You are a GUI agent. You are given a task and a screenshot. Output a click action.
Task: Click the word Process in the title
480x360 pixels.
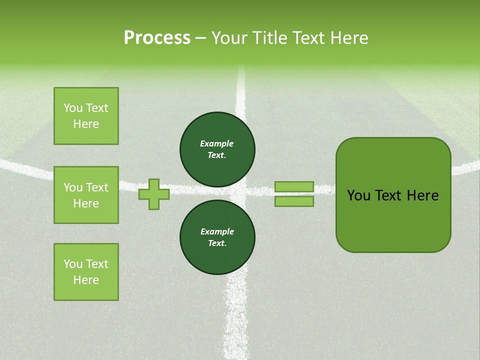pyautogui.click(x=157, y=38)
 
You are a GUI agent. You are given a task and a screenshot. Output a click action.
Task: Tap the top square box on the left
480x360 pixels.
pyautogui.click(x=86, y=116)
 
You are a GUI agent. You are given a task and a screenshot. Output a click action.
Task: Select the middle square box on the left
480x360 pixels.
pyautogui.click(x=86, y=195)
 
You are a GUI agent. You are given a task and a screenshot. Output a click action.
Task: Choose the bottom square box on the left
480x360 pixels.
pyautogui.click(x=86, y=271)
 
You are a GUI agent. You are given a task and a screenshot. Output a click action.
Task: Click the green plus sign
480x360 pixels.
pyautogui.click(x=154, y=194)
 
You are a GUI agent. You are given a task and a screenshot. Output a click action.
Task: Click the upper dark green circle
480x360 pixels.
pyautogui.click(x=217, y=149)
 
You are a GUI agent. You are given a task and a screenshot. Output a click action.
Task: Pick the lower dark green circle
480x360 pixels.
pyautogui.click(x=217, y=237)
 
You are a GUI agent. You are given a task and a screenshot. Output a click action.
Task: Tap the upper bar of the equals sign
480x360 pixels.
pyautogui.click(x=294, y=186)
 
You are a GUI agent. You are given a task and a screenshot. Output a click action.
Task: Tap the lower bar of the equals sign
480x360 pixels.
pyautogui.click(x=294, y=201)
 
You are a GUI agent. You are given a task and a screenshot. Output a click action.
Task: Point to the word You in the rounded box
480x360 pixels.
pyautogui.click(x=358, y=195)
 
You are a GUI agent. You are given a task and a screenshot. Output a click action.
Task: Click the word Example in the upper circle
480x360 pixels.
pyautogui.click(x=217, y=143)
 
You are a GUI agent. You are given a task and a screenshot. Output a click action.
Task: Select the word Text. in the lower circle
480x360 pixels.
pyautogui.click(x=217, y=243)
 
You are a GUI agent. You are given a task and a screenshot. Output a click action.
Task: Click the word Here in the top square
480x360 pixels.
pyautogui.click(x=86, y=124)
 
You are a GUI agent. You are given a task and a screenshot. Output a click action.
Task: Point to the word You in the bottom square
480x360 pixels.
pyautogui.click(x=73, y=264)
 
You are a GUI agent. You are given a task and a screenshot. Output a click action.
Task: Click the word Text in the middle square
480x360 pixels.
pyautogui.click(x=97, y=187)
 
